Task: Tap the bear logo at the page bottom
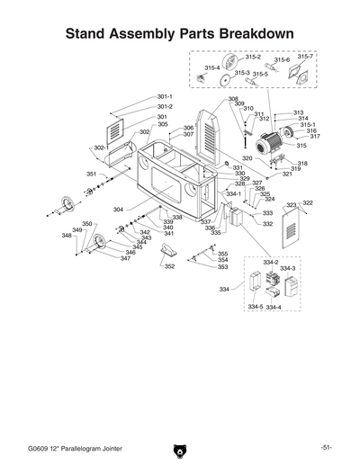click(x=180, y=447)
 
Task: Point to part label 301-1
click(x=164, y=96)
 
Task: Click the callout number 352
click(x=168, y=266)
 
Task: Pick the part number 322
click(x=308, y=203)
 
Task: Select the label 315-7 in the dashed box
click(x=305, y=56)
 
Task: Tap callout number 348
click(x=67, y=236)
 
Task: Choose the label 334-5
click(x=256, y=307)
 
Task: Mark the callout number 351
click(x=92, y=174)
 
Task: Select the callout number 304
click(x=118, y=210)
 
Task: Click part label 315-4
click(x=212, y=67)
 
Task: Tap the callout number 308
click(x=232, y=99)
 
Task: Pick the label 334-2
click(x=271, y=262)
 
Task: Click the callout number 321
click(x=287, y=174)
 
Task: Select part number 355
click(x=222, y=254)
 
